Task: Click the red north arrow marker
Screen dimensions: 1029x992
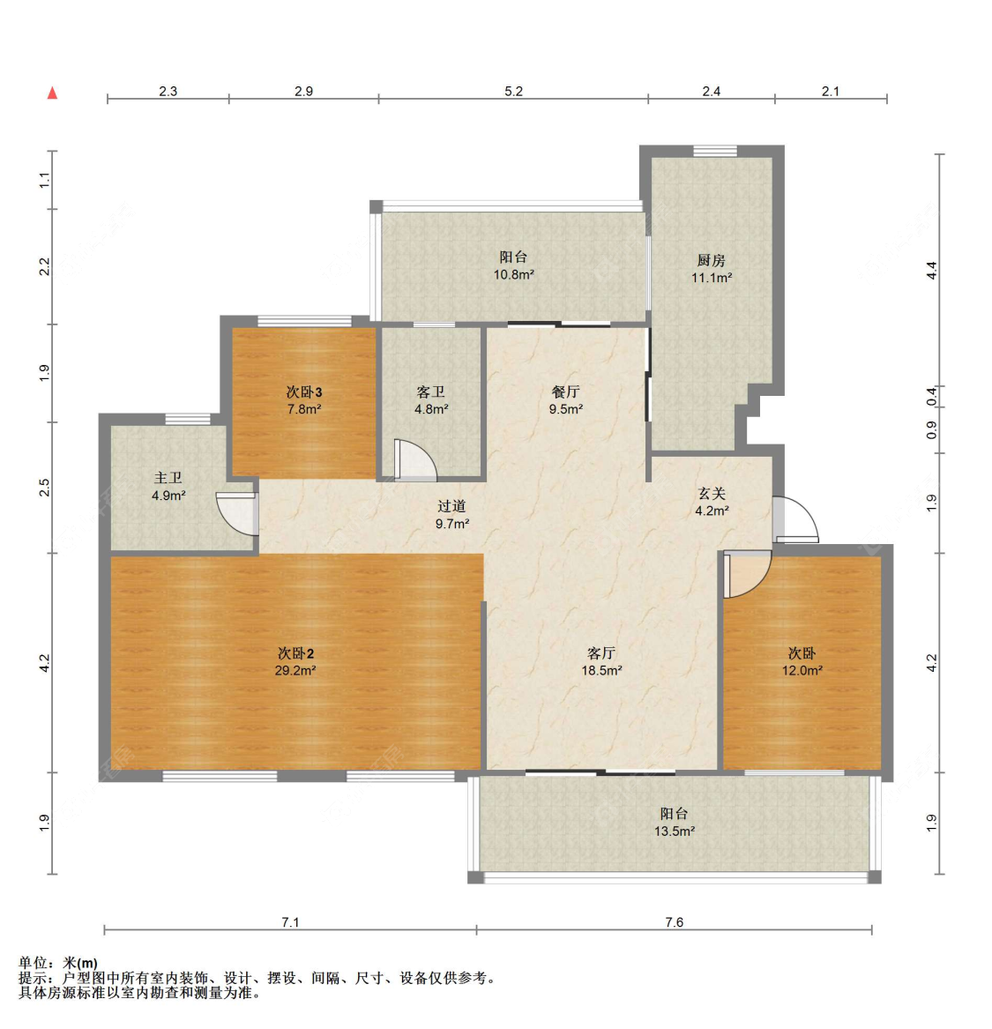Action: [52, 93]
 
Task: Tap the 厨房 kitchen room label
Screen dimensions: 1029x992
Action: [711, 260]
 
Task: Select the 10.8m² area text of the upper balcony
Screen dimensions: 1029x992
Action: [513, 275]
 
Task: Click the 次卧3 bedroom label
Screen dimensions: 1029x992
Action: [303, 391]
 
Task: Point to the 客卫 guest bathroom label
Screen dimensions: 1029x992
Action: [430, 391]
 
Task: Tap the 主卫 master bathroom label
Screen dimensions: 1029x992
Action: [168, 478]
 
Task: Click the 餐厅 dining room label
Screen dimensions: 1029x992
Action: [565, 391]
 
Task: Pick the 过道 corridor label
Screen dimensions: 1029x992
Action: [451, 506]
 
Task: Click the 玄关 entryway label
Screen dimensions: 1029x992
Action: [711, 494]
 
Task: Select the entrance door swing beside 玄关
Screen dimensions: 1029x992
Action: [795, 520]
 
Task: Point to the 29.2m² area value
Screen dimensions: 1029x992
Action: [295, 670]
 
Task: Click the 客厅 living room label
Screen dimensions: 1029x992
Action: [600, 653]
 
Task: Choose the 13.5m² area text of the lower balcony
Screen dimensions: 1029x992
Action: [674, 831]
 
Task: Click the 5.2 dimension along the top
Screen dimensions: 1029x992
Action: [513, 91]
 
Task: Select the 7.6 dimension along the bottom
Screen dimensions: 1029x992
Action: [674, 922]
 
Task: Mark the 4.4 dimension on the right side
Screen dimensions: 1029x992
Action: [931, 271]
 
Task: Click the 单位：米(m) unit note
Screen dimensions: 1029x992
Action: [58, 963]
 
